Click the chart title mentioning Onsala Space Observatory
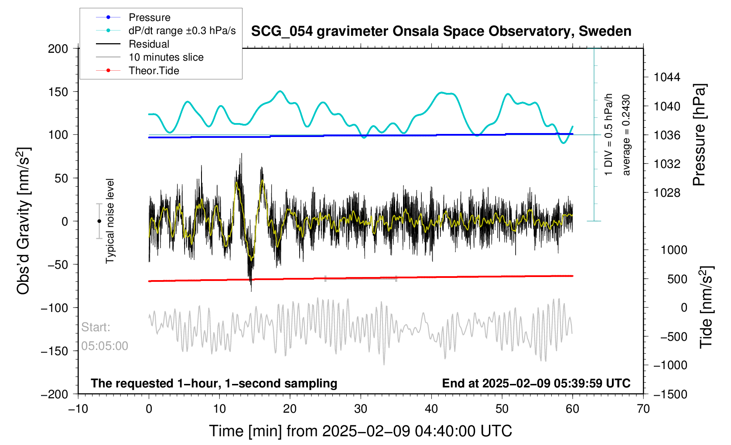(441, 31)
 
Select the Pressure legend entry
(149, 17)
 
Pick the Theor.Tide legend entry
(154, 71)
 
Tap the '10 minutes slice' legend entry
(166, 57)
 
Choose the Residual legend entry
(149, 44)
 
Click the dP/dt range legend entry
(182, 31)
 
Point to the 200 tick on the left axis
(58, 48)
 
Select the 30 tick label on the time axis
(361, 409)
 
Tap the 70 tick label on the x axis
(643, 409)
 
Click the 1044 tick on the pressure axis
(667, 77)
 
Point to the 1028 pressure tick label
(667, 192)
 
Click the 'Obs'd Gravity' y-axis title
(24, 221)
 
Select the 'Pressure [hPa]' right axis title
(699, 135)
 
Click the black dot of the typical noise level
(99, 221)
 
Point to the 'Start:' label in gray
(96, 327)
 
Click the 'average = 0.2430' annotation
(626, 135)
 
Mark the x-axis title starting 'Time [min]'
(360, 431)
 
